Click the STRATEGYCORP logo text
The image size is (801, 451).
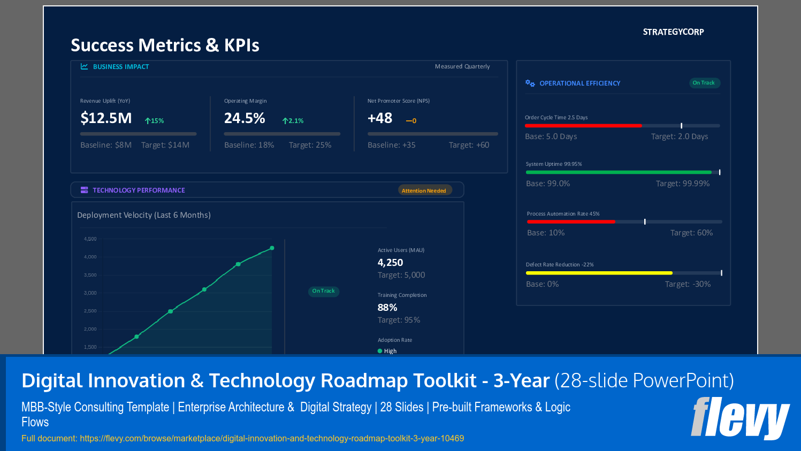pos(673,32)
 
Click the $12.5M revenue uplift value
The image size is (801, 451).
pos(106,118)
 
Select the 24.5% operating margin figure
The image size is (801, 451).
pos(245,118)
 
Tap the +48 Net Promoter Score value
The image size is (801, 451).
pos(380,118)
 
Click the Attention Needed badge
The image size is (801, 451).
pos(424,190)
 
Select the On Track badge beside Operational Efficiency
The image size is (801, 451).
pos(704,83)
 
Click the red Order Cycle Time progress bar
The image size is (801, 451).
pos(583,126)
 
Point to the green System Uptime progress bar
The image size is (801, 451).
pos(619,172)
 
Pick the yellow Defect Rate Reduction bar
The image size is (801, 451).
pos(599,273)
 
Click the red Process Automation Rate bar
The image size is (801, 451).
pos(571,221)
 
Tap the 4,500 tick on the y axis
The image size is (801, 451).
pos(90,239)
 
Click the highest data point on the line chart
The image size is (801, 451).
pos(272,248)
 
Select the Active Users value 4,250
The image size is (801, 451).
pos(390,263)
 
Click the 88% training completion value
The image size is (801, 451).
pos(387,308)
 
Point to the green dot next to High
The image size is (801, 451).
pos(380,351)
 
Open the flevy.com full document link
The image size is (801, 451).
pos(272,439)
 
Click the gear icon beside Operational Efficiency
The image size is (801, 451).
pos(530,83)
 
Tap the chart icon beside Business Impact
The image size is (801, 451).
pos(85,67)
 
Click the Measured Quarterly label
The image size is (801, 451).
pos(462,67)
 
